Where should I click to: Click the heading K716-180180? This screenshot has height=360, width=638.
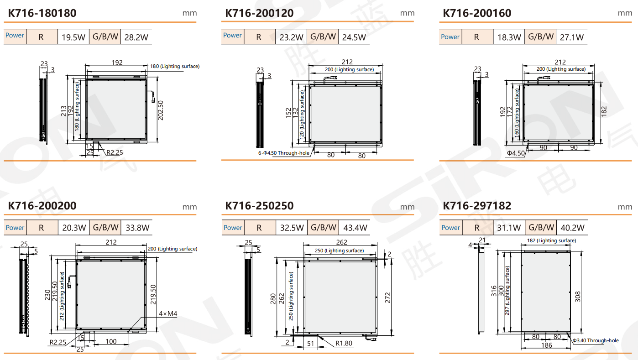(x=42, y=13)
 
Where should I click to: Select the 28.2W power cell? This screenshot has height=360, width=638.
(x=136, y=37)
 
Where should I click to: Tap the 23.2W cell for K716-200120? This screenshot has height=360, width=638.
(x=291, y=37)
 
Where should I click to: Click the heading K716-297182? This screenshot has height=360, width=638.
(x=477, y=206)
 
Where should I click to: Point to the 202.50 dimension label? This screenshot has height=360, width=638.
(x=161, y=110)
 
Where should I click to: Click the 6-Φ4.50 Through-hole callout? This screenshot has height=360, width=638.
(x=284, y=153)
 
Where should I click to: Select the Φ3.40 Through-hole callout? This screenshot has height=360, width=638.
(x=596, y=340)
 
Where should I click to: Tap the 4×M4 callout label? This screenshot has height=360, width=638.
(x=168, y=313)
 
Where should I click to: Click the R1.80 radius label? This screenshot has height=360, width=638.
(x=344, y=343)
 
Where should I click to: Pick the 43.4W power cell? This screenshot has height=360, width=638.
(x=355, y=228)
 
